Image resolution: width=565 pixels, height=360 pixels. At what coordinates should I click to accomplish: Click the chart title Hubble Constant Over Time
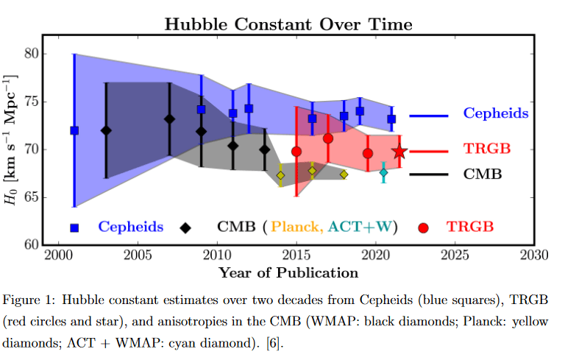point(288,24)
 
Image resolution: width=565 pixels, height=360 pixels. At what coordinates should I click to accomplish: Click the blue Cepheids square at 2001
point(74,130)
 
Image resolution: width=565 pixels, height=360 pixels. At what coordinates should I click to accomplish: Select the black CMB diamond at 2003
point(106,130)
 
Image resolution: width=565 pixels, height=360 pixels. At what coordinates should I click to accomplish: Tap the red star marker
point(399,152)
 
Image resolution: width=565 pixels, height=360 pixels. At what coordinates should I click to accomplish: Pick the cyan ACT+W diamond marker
point(383,172)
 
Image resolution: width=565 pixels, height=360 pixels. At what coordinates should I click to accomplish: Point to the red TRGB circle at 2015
point(296,152)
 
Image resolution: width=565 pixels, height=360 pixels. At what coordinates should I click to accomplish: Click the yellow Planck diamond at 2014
point(280,175)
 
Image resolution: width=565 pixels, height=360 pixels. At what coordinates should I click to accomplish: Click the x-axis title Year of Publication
point(288,272)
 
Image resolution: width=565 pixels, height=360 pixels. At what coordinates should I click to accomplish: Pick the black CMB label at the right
point(483,174)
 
